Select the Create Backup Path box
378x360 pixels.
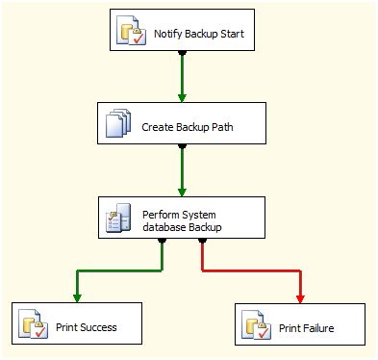click(181, 126)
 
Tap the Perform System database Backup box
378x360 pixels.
click(181, 218)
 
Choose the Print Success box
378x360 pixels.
click(77, 326)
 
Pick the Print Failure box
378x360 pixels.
click(300, 326)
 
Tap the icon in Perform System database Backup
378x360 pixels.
click(117, 219)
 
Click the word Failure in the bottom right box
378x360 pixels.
click(318, 327)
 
